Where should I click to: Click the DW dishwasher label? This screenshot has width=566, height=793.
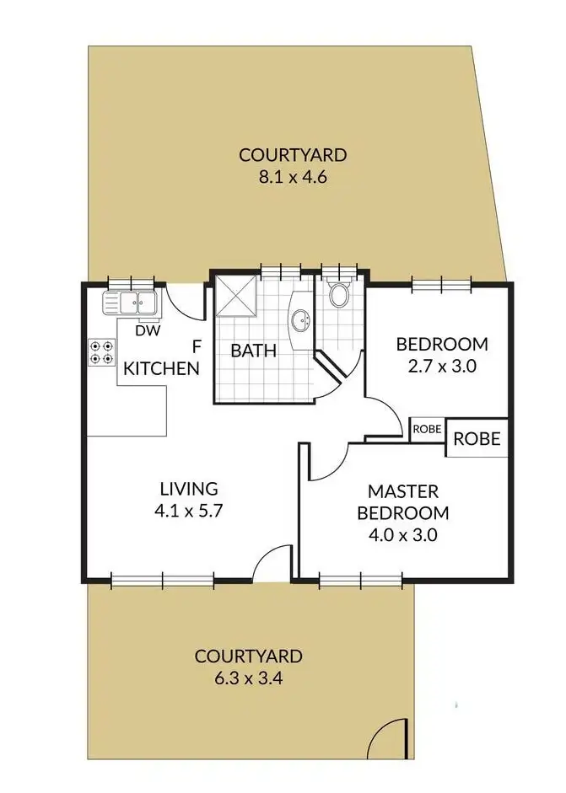[x=148, y=331]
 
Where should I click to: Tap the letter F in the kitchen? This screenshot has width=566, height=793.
[x=197, y=346]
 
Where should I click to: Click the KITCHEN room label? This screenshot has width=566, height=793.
[x=162, y=368]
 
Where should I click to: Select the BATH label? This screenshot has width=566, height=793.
[x=254, y=351]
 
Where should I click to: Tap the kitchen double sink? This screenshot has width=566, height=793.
[x=130, y=303]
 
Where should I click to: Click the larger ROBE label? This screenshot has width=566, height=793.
[x=477, y=439]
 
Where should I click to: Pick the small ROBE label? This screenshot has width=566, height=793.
[x=427, y=429]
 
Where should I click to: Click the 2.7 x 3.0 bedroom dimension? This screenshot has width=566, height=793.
[x=442, y=366]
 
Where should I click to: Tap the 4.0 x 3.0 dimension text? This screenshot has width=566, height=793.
[x=402, y=534]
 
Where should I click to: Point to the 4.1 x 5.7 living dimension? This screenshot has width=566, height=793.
[x=189, y=510]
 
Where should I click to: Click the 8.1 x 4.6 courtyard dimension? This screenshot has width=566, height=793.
[x=293, y=177]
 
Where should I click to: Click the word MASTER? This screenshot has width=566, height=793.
[x=402, y=490]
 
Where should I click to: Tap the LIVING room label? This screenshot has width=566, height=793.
[x=189, y=488]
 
